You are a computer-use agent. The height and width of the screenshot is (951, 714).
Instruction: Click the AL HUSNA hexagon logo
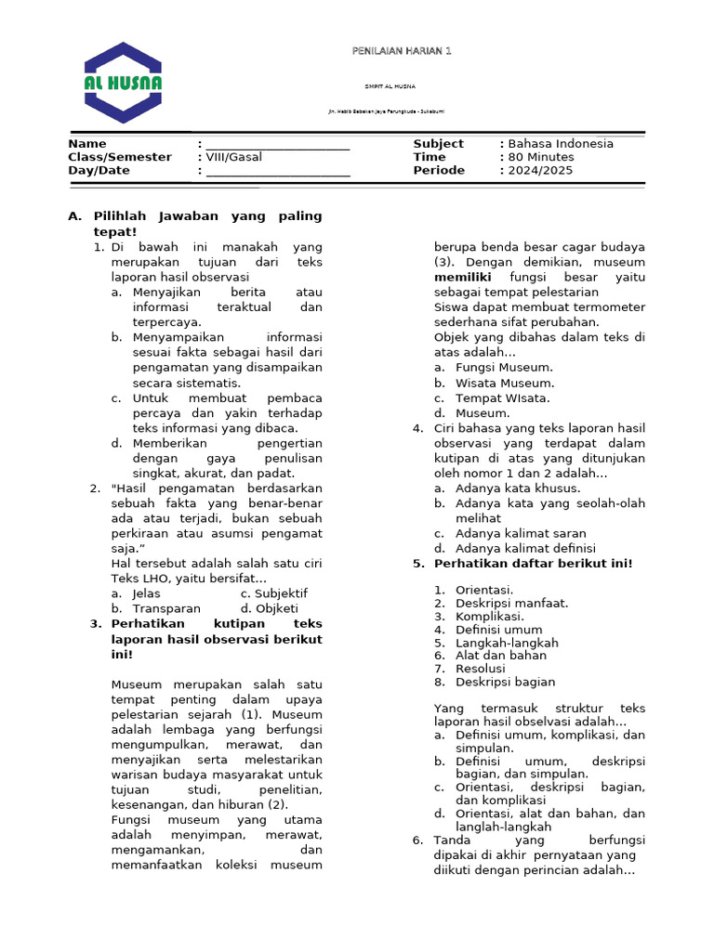point(123,83)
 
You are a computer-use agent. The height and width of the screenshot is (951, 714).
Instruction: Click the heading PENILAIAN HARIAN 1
point(402,51)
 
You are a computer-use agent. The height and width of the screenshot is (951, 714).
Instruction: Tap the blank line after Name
point(277,145)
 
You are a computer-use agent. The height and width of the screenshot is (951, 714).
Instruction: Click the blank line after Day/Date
point(277,172)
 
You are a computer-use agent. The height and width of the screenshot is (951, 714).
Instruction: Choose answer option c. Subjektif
point(273,593)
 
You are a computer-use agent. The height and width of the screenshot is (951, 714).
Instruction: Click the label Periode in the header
point(439,171)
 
